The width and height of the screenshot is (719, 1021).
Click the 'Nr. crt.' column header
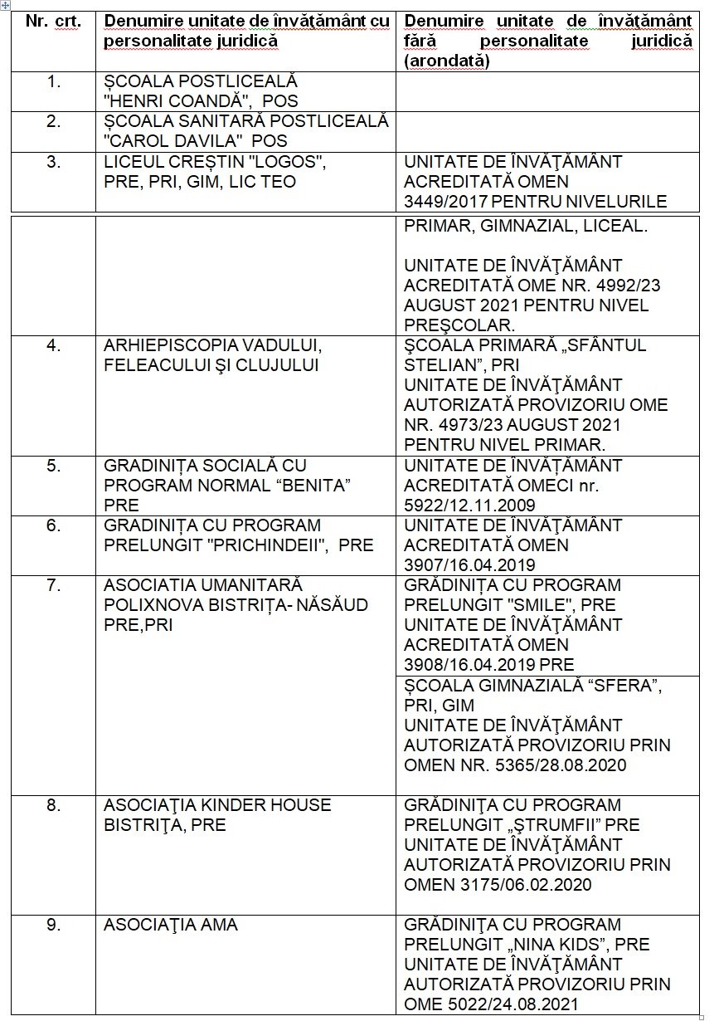[x=53, y=22]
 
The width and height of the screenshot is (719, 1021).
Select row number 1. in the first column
[x=54, y=82]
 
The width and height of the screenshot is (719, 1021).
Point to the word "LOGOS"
[x=283, y=162]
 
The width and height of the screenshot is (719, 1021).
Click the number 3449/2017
[x=445, y=202]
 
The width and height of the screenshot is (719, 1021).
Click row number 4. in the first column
[x=54, y=345]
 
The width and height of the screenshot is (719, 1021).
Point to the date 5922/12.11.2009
[x=469, y=506]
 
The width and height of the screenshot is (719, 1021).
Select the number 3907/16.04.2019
[x=470, y=565]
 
